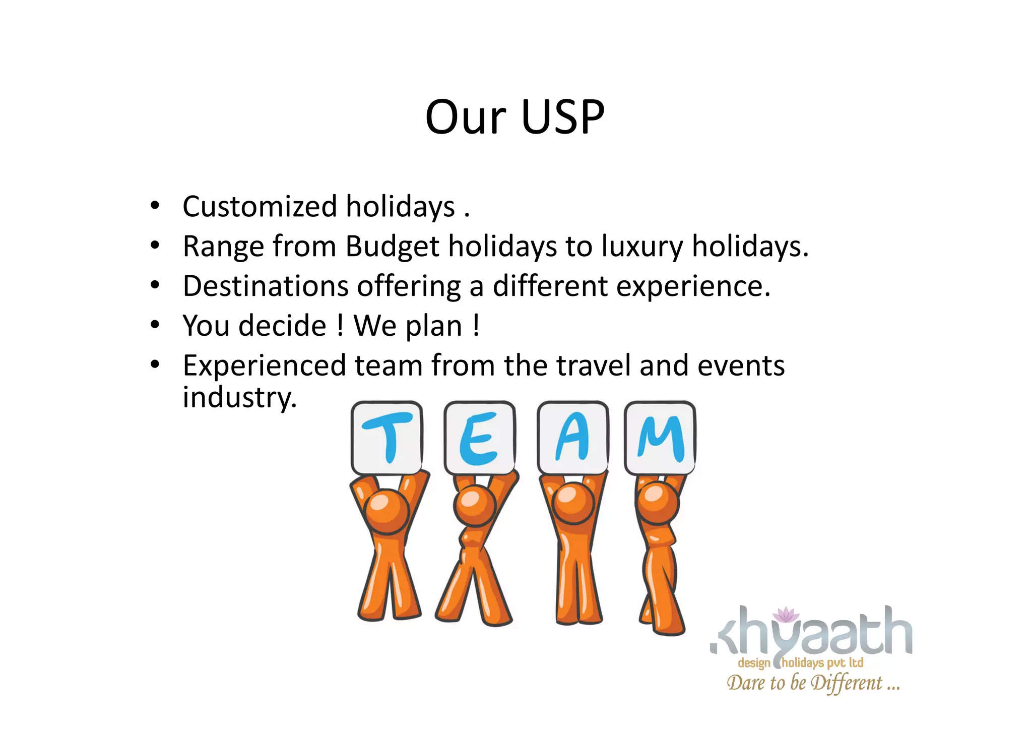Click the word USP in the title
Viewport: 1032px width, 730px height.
coord(562,117)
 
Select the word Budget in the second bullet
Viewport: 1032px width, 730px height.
coord(393,247)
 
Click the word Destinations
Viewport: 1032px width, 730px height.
coord(266,286)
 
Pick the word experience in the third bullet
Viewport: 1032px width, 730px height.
coord(693,286)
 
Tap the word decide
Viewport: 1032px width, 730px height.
coord(282,326)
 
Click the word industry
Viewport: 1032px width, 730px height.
coord(239,398)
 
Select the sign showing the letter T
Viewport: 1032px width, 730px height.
coord(386,438)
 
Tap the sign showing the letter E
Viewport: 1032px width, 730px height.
coord(479,438)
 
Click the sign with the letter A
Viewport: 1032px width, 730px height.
coord(572,438)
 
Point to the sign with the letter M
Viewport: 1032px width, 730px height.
coord(660,438)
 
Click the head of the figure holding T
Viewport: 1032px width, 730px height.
coord(386,511)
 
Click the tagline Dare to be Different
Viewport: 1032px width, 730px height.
coord(812,683)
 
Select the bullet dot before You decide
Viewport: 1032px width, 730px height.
coord(155,325)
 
